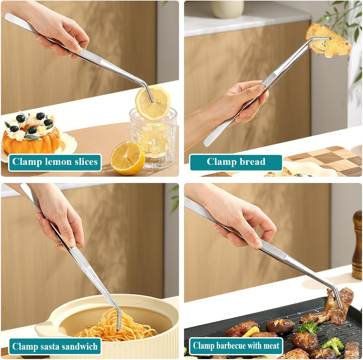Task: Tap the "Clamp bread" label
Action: [236, 162]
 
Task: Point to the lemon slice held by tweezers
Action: [153, 102]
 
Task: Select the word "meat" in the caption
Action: [271, 346]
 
